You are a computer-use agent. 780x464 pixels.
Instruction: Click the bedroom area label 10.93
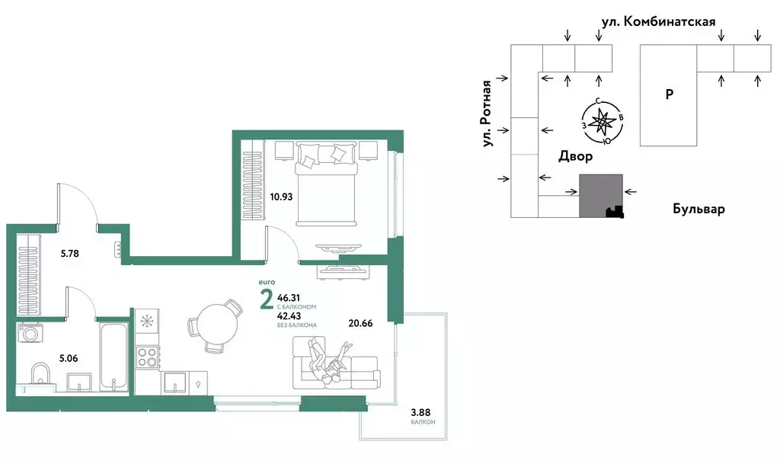coord(281,197)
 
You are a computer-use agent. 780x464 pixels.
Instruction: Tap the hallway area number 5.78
coord(69,254)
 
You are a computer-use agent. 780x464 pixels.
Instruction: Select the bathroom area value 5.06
coord(68,358)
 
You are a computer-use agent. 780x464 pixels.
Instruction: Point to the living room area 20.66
coord(360,323)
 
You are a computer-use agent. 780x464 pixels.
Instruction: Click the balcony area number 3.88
coord(420,412)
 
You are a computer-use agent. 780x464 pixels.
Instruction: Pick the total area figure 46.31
coord(289,298)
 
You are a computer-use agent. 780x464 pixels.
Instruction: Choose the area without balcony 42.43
coord(289,315)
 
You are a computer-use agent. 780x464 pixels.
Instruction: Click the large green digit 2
coord(267,300)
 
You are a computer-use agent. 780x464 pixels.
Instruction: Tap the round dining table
coord(217,324)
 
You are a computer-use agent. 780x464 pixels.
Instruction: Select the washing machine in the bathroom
coord(30,333)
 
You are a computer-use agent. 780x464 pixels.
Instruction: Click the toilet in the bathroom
coord(40,375)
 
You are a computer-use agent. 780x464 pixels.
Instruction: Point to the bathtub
coord(114,356)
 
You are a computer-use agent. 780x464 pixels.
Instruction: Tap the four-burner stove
coord(147,357)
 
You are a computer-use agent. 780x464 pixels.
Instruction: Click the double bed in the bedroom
coord(326,184)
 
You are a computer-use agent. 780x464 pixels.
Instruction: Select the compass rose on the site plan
coord(603,121)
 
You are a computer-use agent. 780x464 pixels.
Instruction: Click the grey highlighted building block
coord(601,196)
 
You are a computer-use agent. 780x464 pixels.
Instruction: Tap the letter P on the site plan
coord(670,94)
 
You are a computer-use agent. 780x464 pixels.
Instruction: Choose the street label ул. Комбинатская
coord(659,21)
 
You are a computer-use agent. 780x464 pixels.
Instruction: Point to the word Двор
coord(576,157)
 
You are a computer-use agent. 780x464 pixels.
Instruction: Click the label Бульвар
coord(698,209)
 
